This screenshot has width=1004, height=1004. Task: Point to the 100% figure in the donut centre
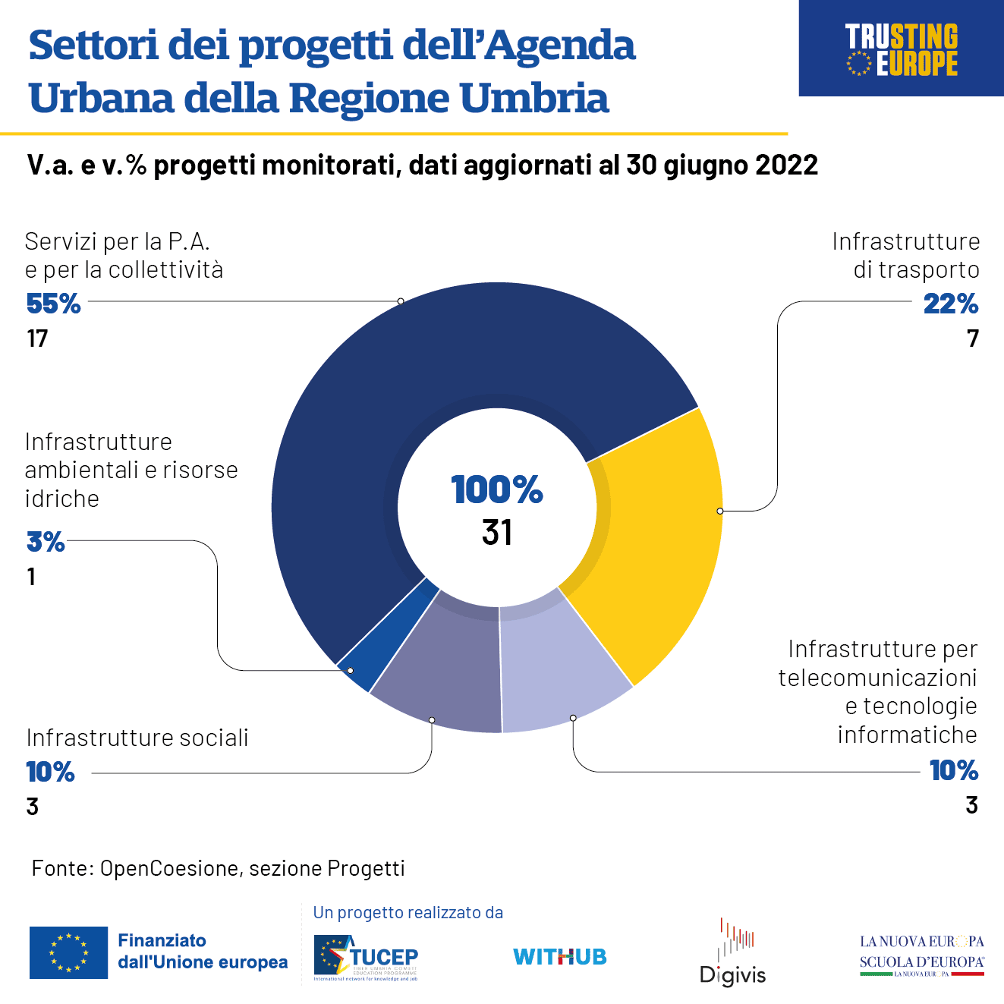point(497,489)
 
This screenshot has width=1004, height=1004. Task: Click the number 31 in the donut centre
point(497,533)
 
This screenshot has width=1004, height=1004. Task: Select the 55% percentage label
point(53,304)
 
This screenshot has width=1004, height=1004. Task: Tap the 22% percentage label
point(950,304)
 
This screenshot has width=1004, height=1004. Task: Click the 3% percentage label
point(46,542)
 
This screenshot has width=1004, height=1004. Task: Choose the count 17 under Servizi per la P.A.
point(37,338)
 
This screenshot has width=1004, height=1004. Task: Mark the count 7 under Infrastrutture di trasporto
point(973,338)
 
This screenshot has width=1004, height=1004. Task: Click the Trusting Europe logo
point(902,49)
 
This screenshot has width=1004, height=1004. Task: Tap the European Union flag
point(68,952)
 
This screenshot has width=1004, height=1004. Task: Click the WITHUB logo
point(560,957)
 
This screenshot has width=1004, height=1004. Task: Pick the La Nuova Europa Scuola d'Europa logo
point(921,955)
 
